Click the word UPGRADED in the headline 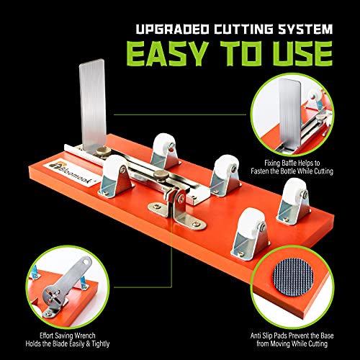pos(173,29)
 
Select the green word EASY pos(168,53)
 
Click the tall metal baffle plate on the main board pos(93,106)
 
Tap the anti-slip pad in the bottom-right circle pos(293,276)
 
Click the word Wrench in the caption pos(84,336)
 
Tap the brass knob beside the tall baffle pos(104,151)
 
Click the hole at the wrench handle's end pos(86,261)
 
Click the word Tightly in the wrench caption pos(101,344)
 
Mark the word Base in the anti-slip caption pos(328,336)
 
